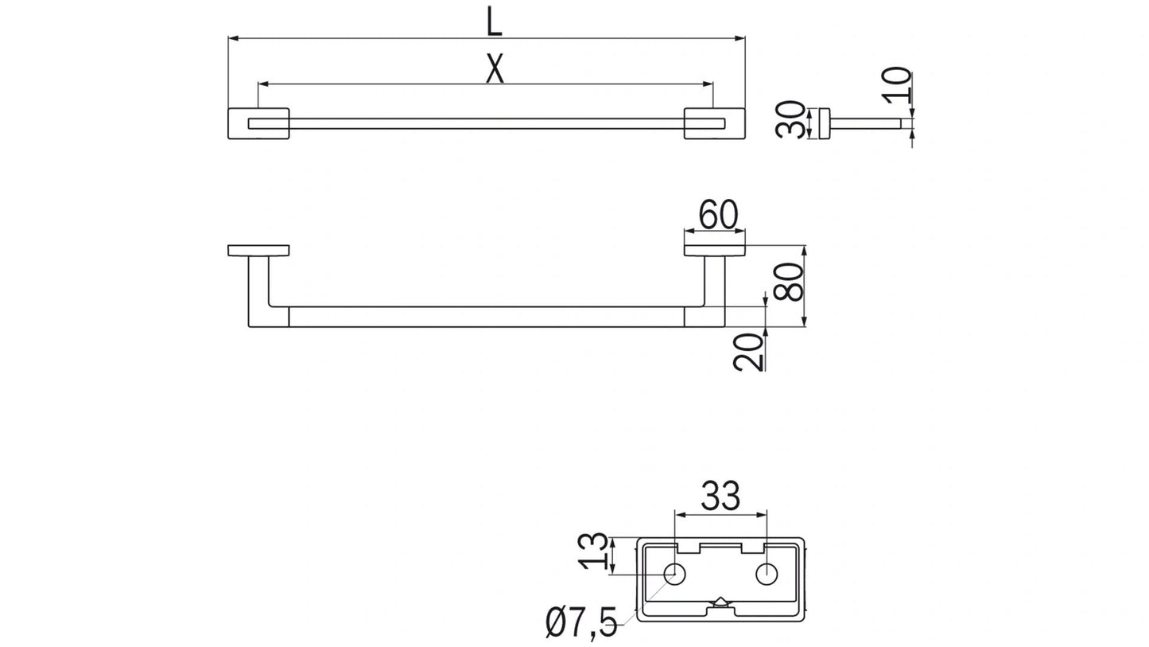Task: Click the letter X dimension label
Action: coord(495,69)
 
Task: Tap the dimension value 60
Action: coord(718,215)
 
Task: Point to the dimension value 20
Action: coord(749,351)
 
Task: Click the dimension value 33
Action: coord(720,496)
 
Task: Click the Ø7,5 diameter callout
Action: coord(581,623)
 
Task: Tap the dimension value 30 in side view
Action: coord(792,119)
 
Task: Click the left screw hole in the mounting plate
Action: coord(675,574)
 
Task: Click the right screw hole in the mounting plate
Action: coord(767,574)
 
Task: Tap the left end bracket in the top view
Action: coord(258,123)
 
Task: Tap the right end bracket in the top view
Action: coord(714,123)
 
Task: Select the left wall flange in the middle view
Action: coord(258,250)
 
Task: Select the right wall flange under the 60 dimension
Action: coord(715,250)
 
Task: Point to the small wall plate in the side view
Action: coord(825,123)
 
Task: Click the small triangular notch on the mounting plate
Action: coord(720,602)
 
